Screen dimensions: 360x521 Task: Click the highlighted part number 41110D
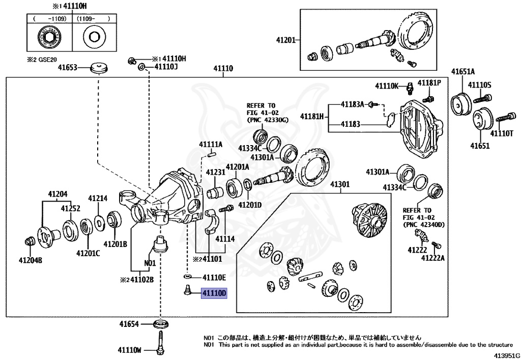(214, 294)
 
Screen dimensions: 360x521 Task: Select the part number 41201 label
(285, 40)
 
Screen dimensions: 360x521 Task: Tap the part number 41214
(98, 199)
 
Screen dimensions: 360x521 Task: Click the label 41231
(216, 173)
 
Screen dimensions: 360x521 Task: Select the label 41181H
(312, 116)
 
